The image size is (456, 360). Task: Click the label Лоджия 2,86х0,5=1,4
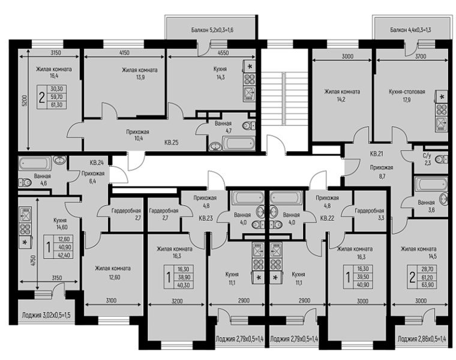[x=422, y=339]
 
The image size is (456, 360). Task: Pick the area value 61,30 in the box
[x=57, y=104]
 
